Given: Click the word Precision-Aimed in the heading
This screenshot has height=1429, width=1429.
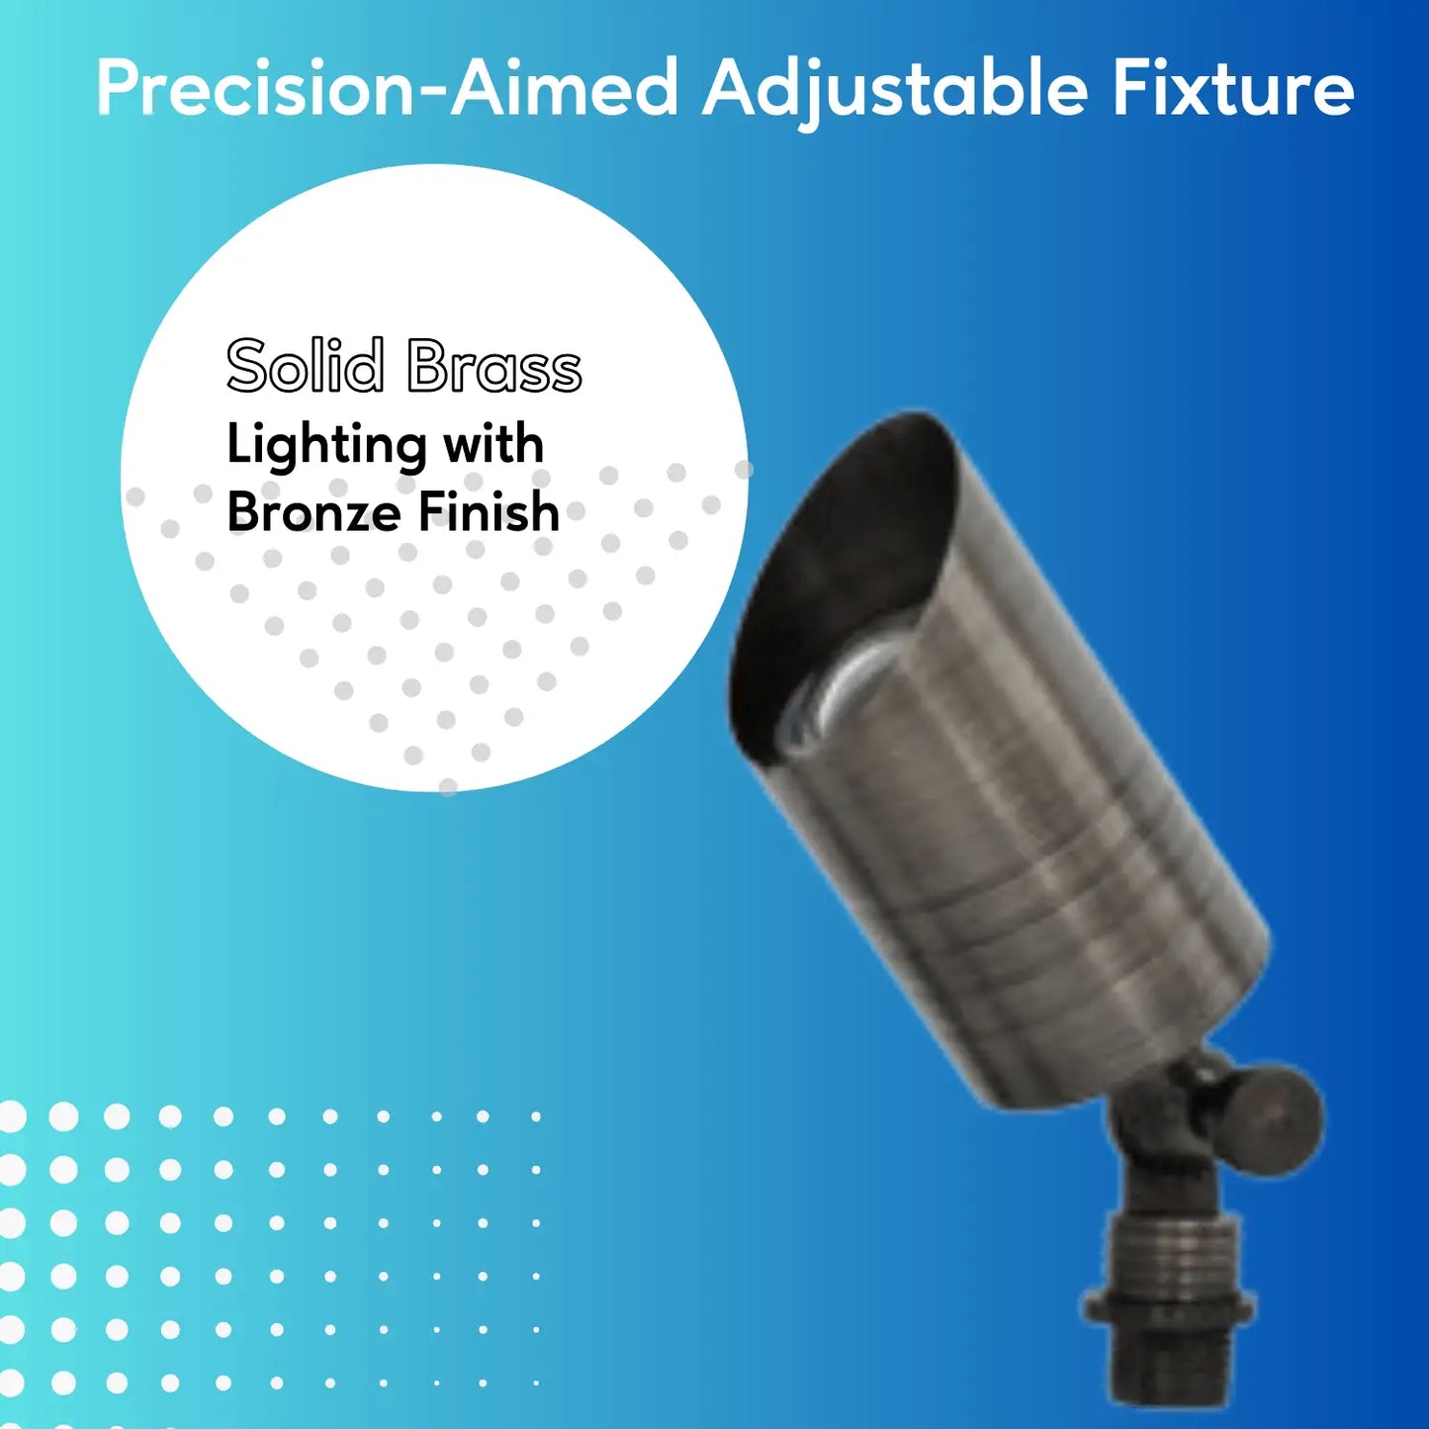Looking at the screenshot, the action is pyautogui.click(x=387, y=89).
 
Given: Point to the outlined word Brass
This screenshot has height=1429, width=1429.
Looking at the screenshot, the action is pyautogui.click(x=494, y=365).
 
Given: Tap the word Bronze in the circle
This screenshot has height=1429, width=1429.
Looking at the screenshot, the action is pyautogui.click(x=315, y=511).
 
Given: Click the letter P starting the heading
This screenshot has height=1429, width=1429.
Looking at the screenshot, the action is pyautogui.click(x=117, y=89).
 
